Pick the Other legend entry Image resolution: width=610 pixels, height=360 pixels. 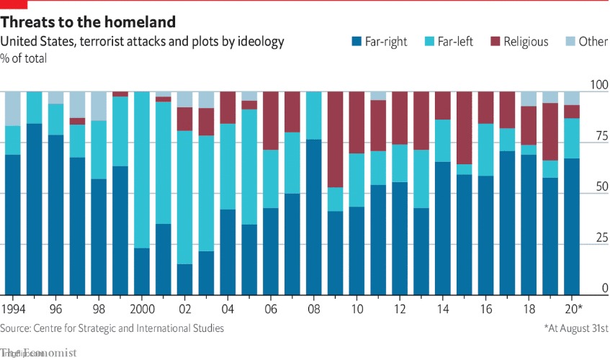(x=585, y=42)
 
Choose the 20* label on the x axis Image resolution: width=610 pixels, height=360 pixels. (x=572, y=310)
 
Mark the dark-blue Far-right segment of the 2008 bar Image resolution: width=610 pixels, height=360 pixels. (x=313, y=217)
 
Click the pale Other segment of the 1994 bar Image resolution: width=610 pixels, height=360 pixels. (x=13, y=109)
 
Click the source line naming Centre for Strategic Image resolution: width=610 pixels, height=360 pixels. (x=112, y=328)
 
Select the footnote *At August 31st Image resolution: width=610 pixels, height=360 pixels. (x=575, y=328)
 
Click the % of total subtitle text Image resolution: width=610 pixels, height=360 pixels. (x=24, y=58)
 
